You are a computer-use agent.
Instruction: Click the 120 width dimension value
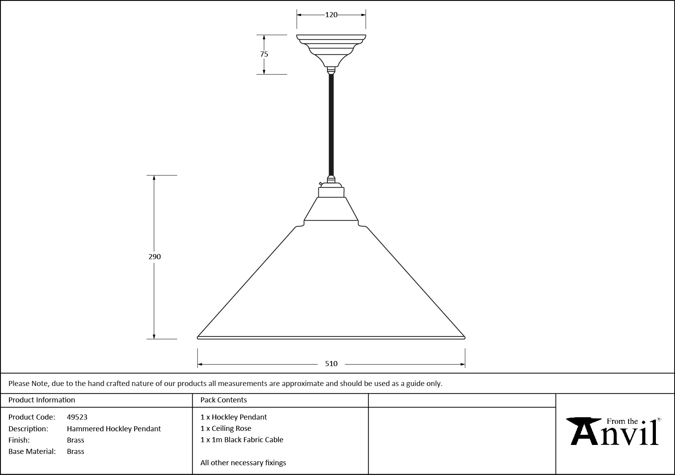coord(331,15)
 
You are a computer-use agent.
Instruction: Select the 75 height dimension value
coord(264,54)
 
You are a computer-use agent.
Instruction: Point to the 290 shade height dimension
coord(155,257)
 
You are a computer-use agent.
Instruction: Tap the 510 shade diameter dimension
coord(331,364)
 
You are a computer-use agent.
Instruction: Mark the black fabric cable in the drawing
coord(331,125)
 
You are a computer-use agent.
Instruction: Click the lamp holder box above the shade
coord(331,192)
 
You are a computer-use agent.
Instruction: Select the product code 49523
coord(77,417)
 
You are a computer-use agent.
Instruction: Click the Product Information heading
coord(42,400)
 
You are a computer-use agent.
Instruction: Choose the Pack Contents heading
coord(224,400)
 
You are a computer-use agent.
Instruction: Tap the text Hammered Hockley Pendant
coord(114,429)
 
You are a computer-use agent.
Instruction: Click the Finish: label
coord(19,440)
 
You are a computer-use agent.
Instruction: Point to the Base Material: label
coord(32,452)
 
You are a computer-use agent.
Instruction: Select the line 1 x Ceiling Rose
coord(226,429)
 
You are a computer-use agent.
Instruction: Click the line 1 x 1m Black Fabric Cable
coord(242,440)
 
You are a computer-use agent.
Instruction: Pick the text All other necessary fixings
coord(243,463)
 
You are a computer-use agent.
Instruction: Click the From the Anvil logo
coord(614,431)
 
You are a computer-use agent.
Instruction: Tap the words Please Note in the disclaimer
coord(28,384)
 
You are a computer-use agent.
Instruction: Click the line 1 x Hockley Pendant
coord(234,417)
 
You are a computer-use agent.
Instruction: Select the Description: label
coord(28,429)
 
